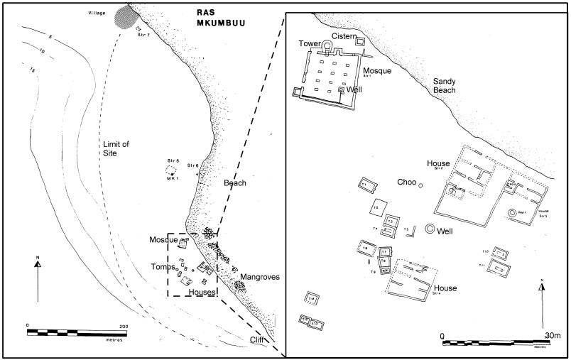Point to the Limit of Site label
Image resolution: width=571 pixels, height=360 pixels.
pos(114,148)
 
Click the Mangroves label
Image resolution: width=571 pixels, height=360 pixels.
pos(259,276)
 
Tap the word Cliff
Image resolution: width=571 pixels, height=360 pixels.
pos(267,341)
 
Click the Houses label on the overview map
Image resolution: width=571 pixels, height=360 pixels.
pos(202,293)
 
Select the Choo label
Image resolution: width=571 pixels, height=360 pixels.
pos(406,182)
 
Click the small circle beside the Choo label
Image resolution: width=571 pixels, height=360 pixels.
pos(420,186)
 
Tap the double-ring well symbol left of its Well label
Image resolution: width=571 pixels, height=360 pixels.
pos(429,229)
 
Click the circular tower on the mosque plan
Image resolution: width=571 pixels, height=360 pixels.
pos(327,46)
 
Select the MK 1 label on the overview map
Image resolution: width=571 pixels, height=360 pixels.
pos(171,178)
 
